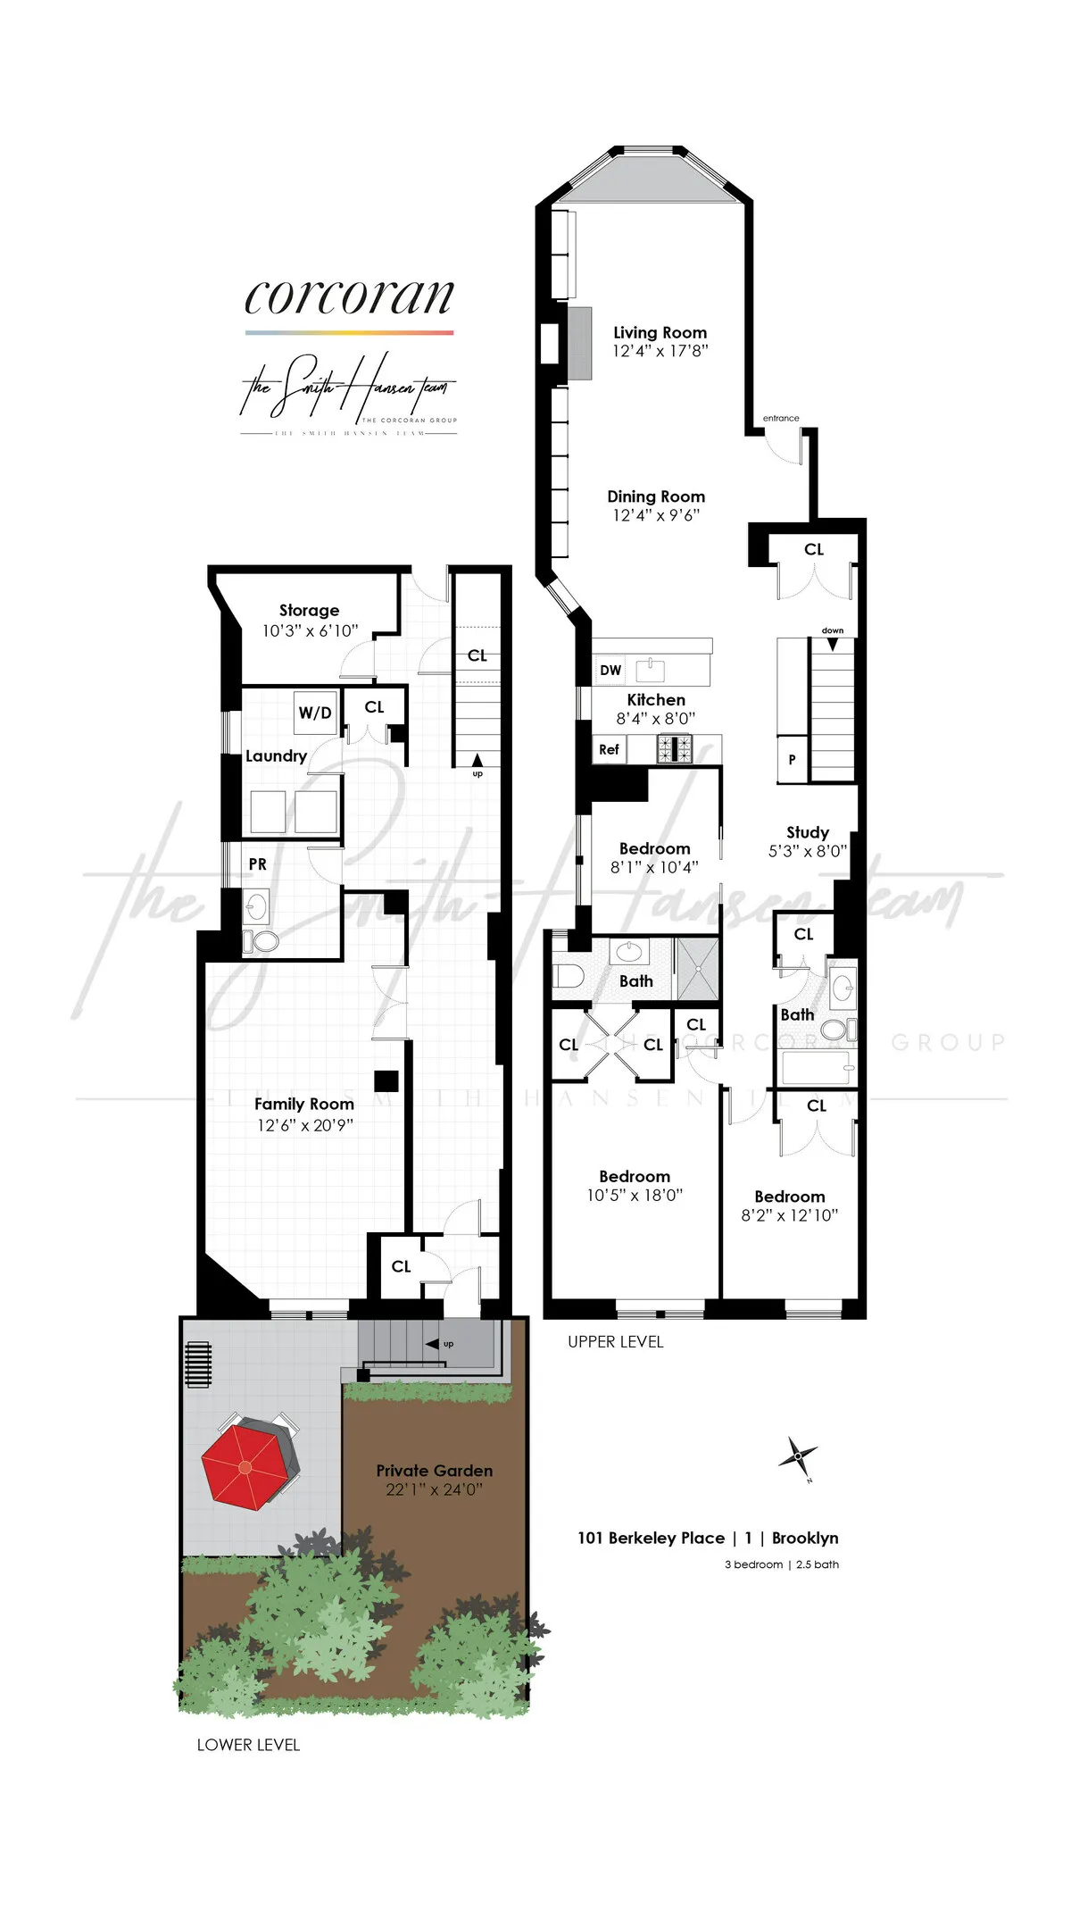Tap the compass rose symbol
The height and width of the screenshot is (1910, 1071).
click(x=797, y=1457)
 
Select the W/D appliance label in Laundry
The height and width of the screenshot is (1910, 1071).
click(x=315, y=713)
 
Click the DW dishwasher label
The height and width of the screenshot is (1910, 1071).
click(x=610, y=671)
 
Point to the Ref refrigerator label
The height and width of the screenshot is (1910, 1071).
click(x=609, y=750)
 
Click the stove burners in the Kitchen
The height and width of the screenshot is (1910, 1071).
click(x=675, y=748)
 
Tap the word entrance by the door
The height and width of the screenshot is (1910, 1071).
click(x=781, y=418)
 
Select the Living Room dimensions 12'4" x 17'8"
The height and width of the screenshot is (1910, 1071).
click(x=660, y=351)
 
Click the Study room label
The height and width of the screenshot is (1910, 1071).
click(x=808, y=832)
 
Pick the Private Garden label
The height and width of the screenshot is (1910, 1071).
click(x=435, y=1470)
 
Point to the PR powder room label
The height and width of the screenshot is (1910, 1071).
click(x=258, y=864)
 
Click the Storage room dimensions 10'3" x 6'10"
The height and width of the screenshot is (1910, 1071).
click(x=310, y=630)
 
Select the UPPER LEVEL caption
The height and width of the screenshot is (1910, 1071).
click(x=616, y=1342)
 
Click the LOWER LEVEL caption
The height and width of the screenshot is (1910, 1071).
click(x=248, y=1745)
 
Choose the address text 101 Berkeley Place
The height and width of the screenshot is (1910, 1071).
click(x=652, y=1538)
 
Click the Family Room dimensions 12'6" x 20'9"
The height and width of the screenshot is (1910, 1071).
click(x=305, y=1125)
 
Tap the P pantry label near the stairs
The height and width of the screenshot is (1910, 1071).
click(x=792, y=760)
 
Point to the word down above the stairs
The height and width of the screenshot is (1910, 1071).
click(x=833, y=630)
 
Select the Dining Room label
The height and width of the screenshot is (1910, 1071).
click(x=656, y=496)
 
